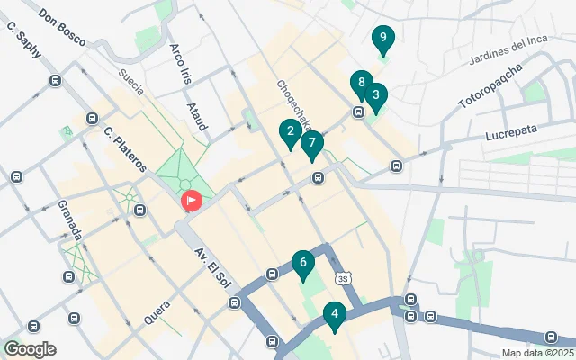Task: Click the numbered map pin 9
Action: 383,39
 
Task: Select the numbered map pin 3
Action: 375,94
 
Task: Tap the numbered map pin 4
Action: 334,315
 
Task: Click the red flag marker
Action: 192,201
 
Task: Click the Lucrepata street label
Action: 509,130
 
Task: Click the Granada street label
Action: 70,220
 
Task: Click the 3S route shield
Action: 341,277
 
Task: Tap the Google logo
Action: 30,348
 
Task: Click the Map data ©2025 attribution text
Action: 537,353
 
